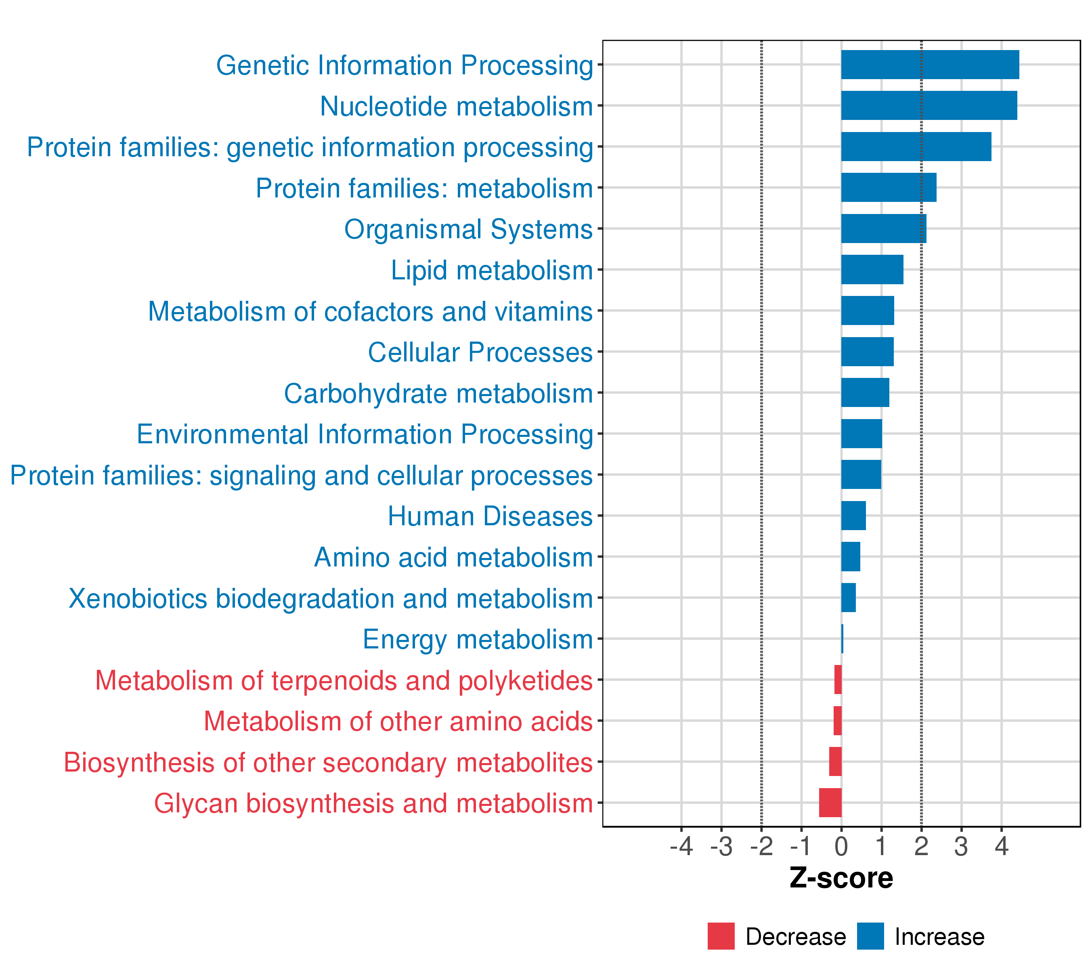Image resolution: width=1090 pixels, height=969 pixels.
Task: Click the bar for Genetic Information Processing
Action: pyautogui.click(x=930, y=65)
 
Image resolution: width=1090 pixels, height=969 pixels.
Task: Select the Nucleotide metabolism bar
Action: pyautogui.click(x=929, y=106)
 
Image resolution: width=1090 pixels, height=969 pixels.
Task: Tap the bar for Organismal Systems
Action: pyautogui.click(x=884, y=228)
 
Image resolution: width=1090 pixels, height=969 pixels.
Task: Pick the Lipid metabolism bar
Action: pyautogui.click(x=872, y=269)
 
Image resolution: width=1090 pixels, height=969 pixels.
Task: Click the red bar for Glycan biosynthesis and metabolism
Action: pyautogui.click(x=830, y=802)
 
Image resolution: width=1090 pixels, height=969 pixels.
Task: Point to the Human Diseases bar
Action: pyautogui.click(x=854, y=515)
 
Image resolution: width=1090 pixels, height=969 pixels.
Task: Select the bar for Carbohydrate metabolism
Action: pyautogui.click(x=866, y=392)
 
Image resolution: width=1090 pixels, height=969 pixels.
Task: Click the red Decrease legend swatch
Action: pyautogui.click(x=721, y=936)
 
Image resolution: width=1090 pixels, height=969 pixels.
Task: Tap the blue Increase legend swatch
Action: pyautogui.click(x=870, y=936)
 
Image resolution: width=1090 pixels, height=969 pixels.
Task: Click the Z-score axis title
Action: pyautogui.click(x=841, y=878)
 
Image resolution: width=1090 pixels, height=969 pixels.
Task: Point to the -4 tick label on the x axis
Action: pyautogui.click(x=681, y=846)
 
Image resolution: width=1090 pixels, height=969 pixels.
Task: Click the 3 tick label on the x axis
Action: pyautogui.click(x=961, y=846)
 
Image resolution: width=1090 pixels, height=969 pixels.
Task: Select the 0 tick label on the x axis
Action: pyautogui.click(x=841, y=846)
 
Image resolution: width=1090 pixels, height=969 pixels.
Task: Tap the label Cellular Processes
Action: pyautogui.click(x=480, y=352)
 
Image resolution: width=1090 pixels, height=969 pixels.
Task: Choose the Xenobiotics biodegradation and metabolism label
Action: pyautogui.click(x=331, y=598)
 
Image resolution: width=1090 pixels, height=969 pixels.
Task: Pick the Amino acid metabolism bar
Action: pyautogui.click(x=851, y=556)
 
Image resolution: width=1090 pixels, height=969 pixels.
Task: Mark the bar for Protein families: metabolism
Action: pyautogui.click(x=889, y=187)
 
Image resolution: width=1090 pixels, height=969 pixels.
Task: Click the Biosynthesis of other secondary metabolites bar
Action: pyautogui.click(x=835, y=761)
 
